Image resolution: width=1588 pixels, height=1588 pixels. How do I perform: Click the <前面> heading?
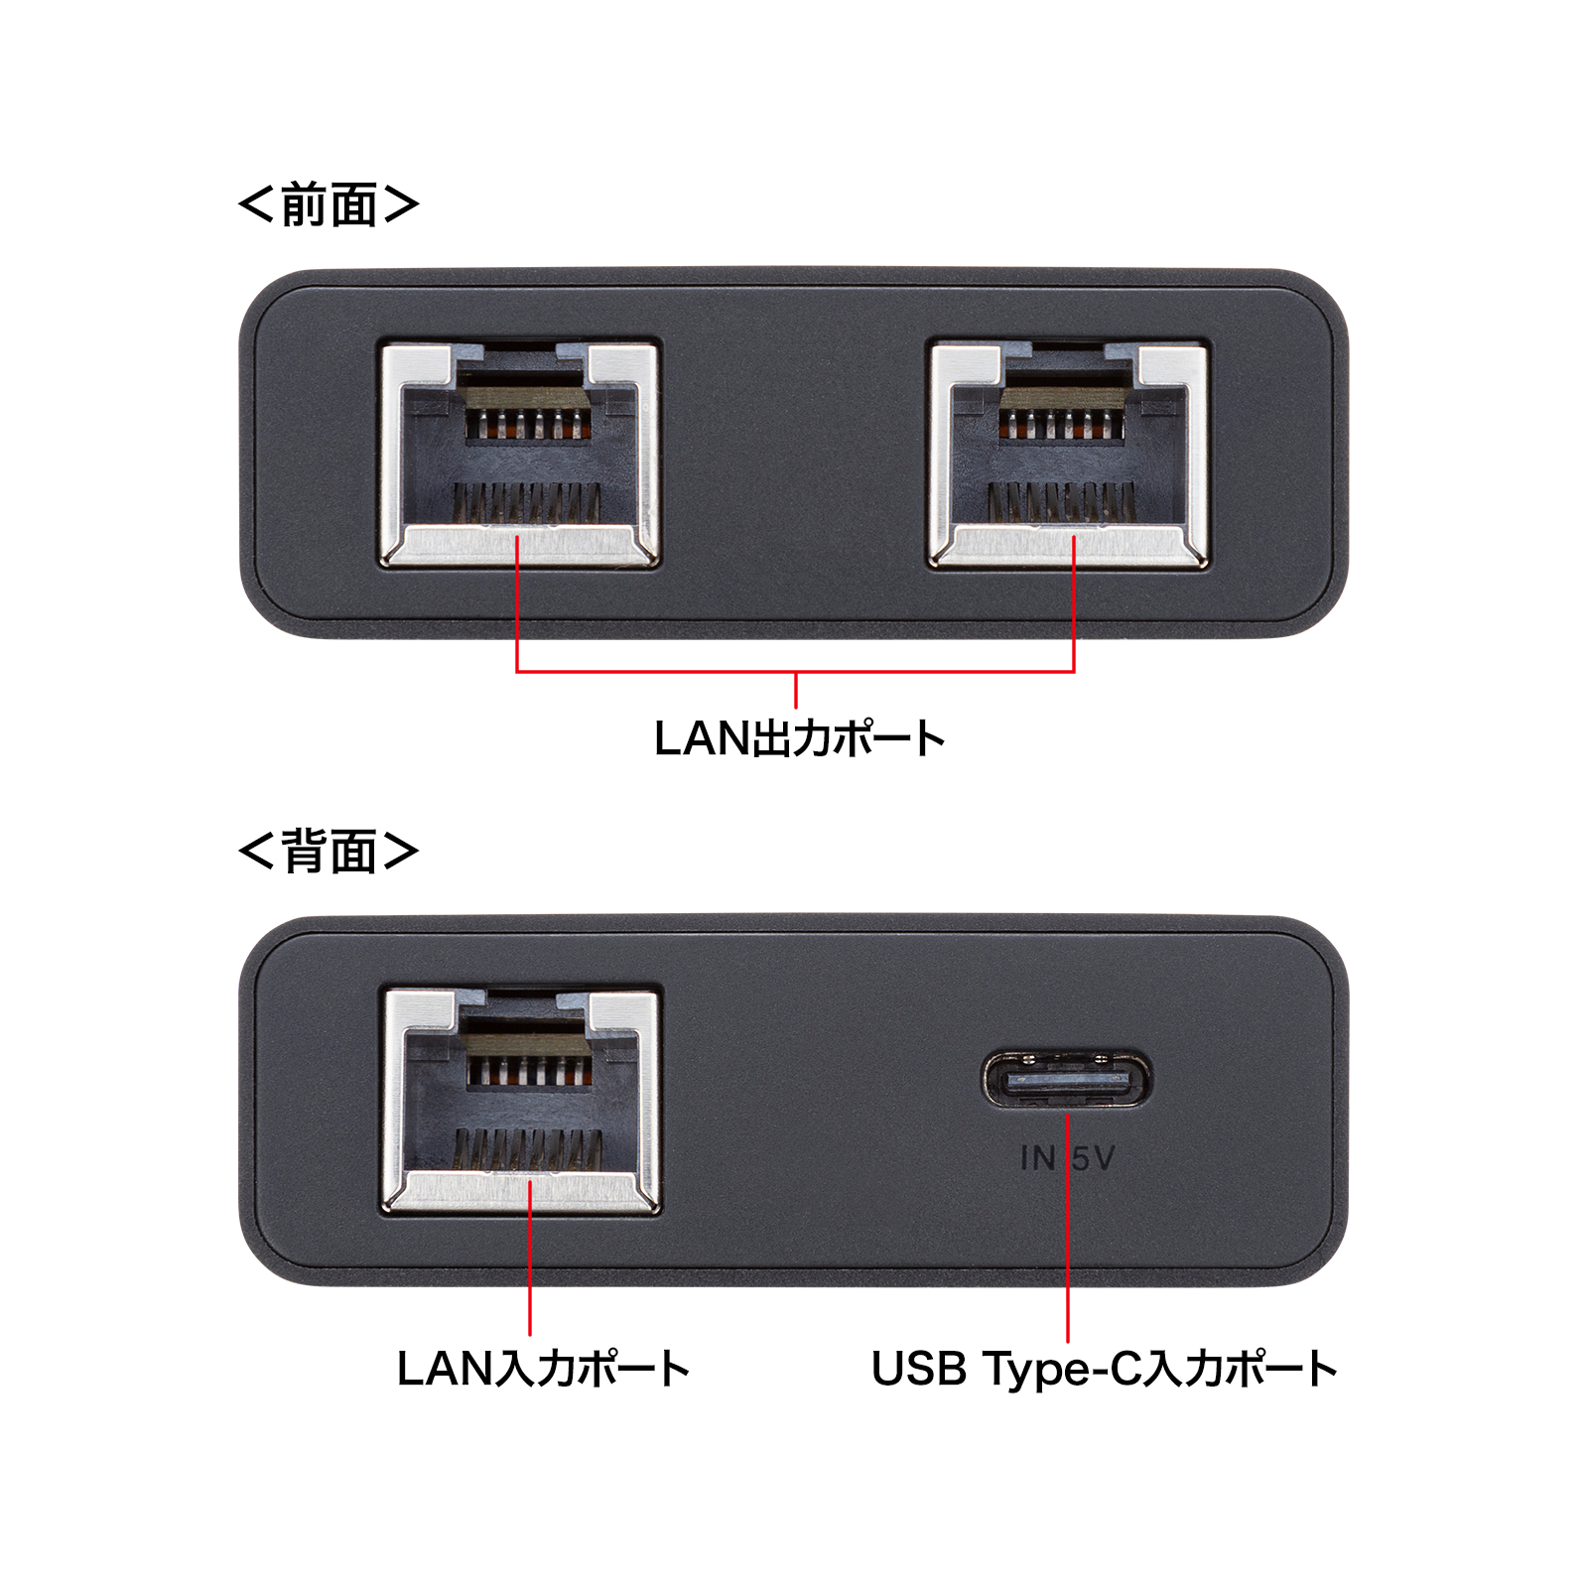click(x=329, y=205)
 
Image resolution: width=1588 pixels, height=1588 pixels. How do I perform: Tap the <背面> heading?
click(x=329, y=852)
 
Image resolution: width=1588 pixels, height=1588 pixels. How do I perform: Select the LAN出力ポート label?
click(x=799, y=738)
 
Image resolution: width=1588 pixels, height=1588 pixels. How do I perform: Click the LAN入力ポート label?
click(x=543, y=1369)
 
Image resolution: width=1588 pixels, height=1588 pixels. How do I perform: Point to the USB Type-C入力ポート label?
click(x=1104, y=1369)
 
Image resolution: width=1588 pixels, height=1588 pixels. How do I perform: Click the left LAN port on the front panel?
click(x=519, y=453)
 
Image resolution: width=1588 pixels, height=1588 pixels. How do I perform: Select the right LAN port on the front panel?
click(x=1069, y=453)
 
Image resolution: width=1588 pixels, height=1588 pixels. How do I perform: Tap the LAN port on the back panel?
click(x=522, y=1100)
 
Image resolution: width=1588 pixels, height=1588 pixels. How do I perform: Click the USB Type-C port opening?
click(x=1067, y=1080)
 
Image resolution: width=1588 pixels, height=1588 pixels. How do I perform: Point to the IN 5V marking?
click(x=1068, y=1158)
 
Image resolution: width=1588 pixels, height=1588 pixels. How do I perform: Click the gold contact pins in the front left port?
click(x=528, y=425)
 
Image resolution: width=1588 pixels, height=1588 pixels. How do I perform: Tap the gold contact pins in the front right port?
click(x=1061, y=425)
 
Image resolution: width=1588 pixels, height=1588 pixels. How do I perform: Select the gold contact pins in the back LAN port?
click(x=530, y=1070)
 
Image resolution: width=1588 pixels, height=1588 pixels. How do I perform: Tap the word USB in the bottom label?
click(x=918, y=1369)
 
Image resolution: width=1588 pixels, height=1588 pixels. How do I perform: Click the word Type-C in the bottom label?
click(x=1059, y=1369)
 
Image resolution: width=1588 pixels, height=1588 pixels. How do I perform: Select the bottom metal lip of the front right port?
click(x=1069, y=546)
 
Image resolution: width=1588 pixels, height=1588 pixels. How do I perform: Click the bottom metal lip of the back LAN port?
click(x=522, y=1190)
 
